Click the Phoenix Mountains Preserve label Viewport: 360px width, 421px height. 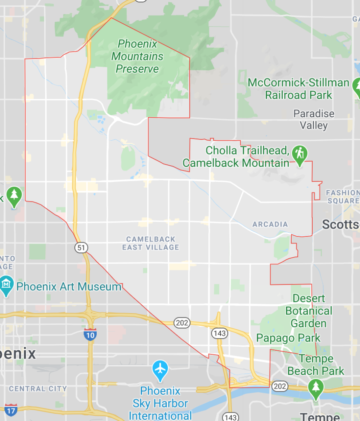pos(137,56)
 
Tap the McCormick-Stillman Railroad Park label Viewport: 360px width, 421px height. pos(298,89)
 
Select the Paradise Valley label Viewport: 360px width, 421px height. pos(314,119)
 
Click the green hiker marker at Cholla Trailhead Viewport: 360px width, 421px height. pos(300,154)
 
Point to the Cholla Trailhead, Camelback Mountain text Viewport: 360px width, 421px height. pos(236,157)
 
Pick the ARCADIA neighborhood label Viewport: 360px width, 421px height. pos(270,224)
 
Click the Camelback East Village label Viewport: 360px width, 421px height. pos(151,243)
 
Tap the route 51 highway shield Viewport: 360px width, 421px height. pos(81,248)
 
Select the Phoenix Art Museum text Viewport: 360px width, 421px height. pos(69,287)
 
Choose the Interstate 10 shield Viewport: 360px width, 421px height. pos(90,334)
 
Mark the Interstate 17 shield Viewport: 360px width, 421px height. pos(11,409)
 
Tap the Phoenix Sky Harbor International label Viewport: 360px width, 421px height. pos(160,403)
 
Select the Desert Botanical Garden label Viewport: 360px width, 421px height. pos(309,311)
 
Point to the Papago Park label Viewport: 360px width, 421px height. pos(288,338)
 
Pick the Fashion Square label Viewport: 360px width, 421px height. pos(342,197)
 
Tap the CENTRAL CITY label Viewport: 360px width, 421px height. pos(38,389)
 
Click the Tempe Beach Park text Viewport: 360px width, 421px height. pos(316,365)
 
